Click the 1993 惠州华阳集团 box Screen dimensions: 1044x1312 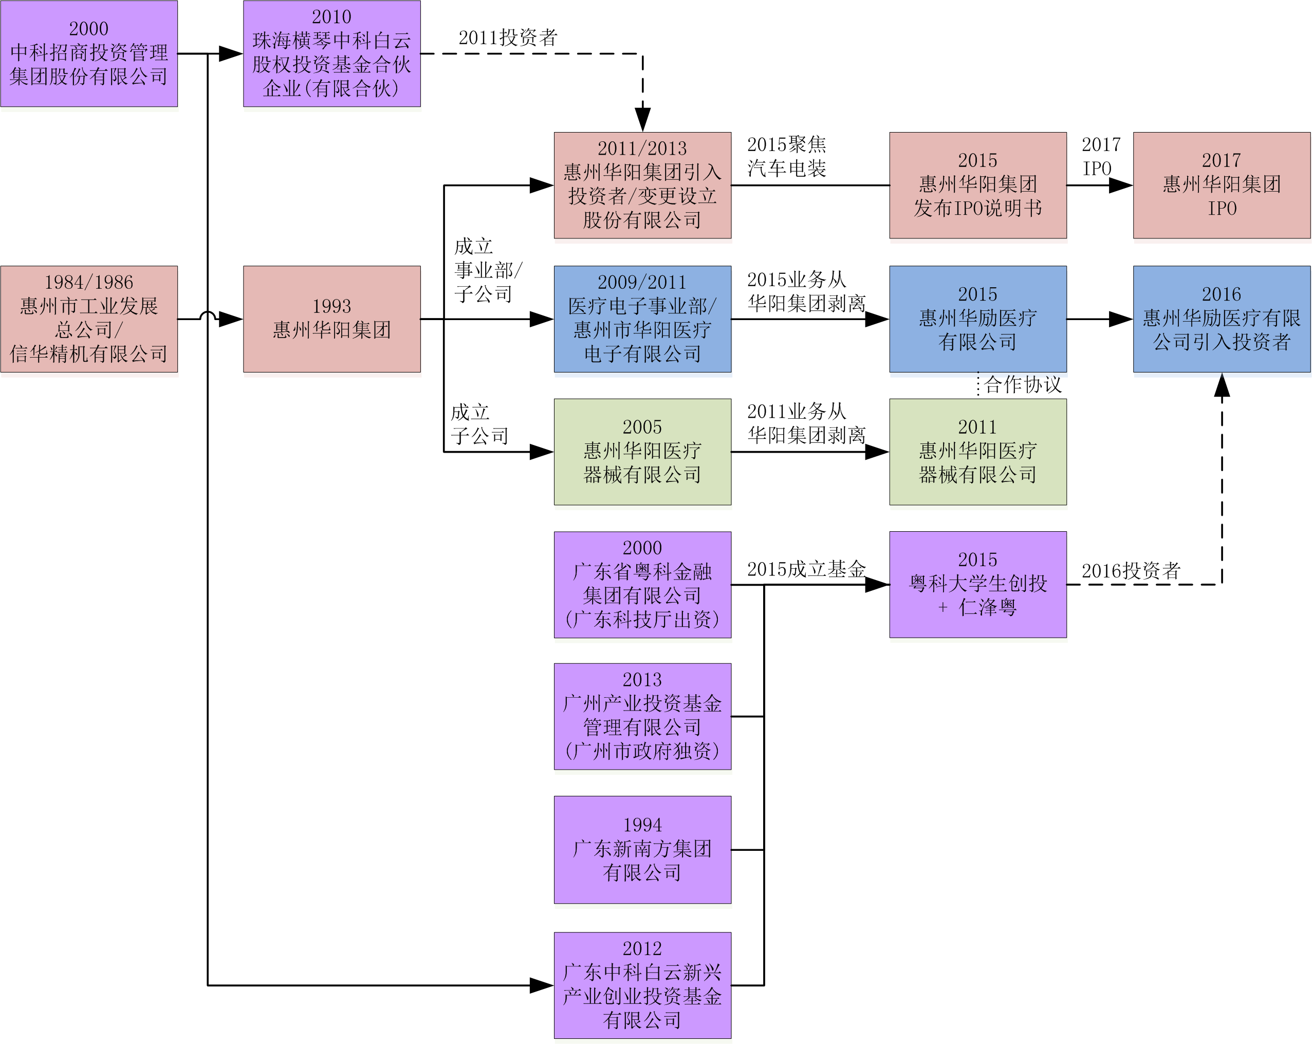pyautogui.click(x=331, y=319)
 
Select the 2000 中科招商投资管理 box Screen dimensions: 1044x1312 pyautogui.click(x=89, y=53)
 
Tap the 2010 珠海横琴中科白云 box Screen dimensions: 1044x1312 pyautogui.click(x=331, y=53)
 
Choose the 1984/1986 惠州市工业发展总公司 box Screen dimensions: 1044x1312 pyautogui.click(x=89, y=319)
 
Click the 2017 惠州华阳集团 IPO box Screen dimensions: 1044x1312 pyautogui.click(x=1222, y=185)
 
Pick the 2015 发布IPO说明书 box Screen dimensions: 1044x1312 pyautogui.click(x=977, y=185)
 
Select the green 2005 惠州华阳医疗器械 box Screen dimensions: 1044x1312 pyautogui.click(x=642, y=452)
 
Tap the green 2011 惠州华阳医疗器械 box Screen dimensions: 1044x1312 pyautogui.click(x=977, y=452)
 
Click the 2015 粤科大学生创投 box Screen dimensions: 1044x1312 pyautogui.click(x=977, y=584)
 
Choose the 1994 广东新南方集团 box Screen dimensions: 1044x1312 pyautogui.click(x=642, y=849)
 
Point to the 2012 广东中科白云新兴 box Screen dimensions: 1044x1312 pyautogui.click(x=642, y=985)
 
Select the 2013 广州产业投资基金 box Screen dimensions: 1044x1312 pyautogui.click(x=642, y=716)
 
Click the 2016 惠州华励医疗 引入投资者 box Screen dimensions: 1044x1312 pyautogui.click(x=1222, y=319)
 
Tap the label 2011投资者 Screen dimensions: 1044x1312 pyautogui.click(x=508, y=38)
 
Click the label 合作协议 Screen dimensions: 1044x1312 pyautogui.click(x=1022, y=384)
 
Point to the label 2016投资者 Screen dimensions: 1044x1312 pyautogui.click(x=1131, y=571)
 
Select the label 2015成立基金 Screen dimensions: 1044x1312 pyautogui.click(x=806, y=569)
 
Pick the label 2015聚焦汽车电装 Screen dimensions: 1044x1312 pyautogui.click(x=786, y=156)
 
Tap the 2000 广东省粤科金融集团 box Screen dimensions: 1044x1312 pyautogui.click(x=642, y=584)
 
